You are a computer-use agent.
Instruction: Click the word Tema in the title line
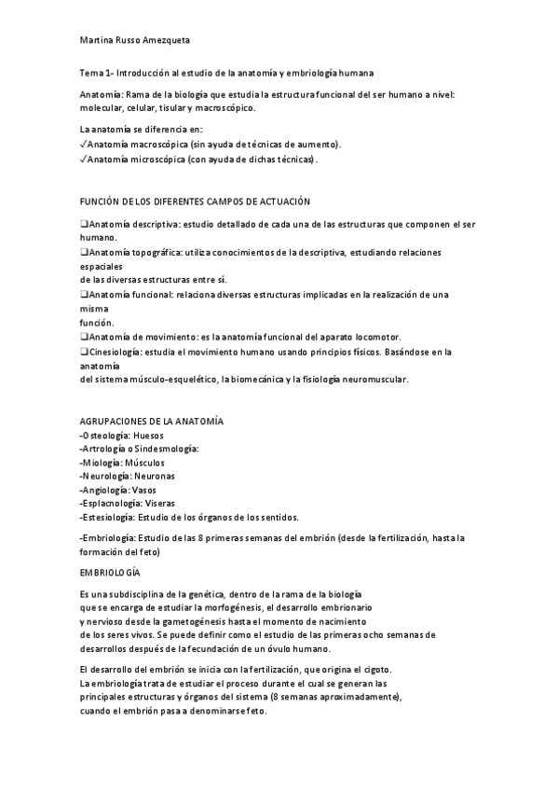pos(90,73)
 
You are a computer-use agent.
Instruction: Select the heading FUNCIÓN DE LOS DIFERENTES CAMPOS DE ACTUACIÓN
pos(195,201)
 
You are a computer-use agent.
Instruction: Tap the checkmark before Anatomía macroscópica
pos(83,146)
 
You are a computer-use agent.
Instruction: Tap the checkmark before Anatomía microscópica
pos(83,160)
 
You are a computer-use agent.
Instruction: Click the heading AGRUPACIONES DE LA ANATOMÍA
pos(151,422)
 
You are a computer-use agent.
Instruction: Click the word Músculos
pos(144,463)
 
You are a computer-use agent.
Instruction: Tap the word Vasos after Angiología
pos(144,490)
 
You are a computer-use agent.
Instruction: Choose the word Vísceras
pos(156,503)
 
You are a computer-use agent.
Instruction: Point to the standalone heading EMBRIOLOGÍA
pos(110,569)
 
